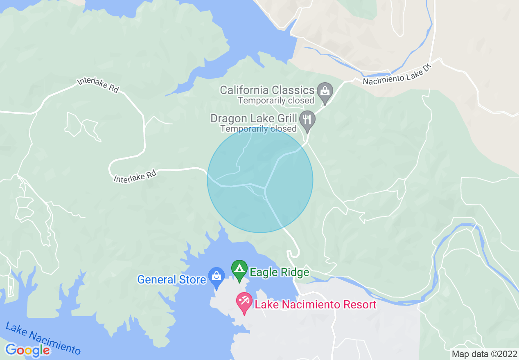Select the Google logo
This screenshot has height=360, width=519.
(27, 350)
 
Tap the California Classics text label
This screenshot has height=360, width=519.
(267, 90)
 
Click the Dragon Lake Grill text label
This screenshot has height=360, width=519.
(253, 119)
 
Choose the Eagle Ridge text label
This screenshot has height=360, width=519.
(280, 272)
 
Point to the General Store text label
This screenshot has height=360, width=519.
(171, 280)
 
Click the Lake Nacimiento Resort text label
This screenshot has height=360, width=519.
(315, 305)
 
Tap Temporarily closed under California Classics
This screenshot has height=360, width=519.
(276, 100)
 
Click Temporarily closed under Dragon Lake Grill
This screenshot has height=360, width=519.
(258, 128)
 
